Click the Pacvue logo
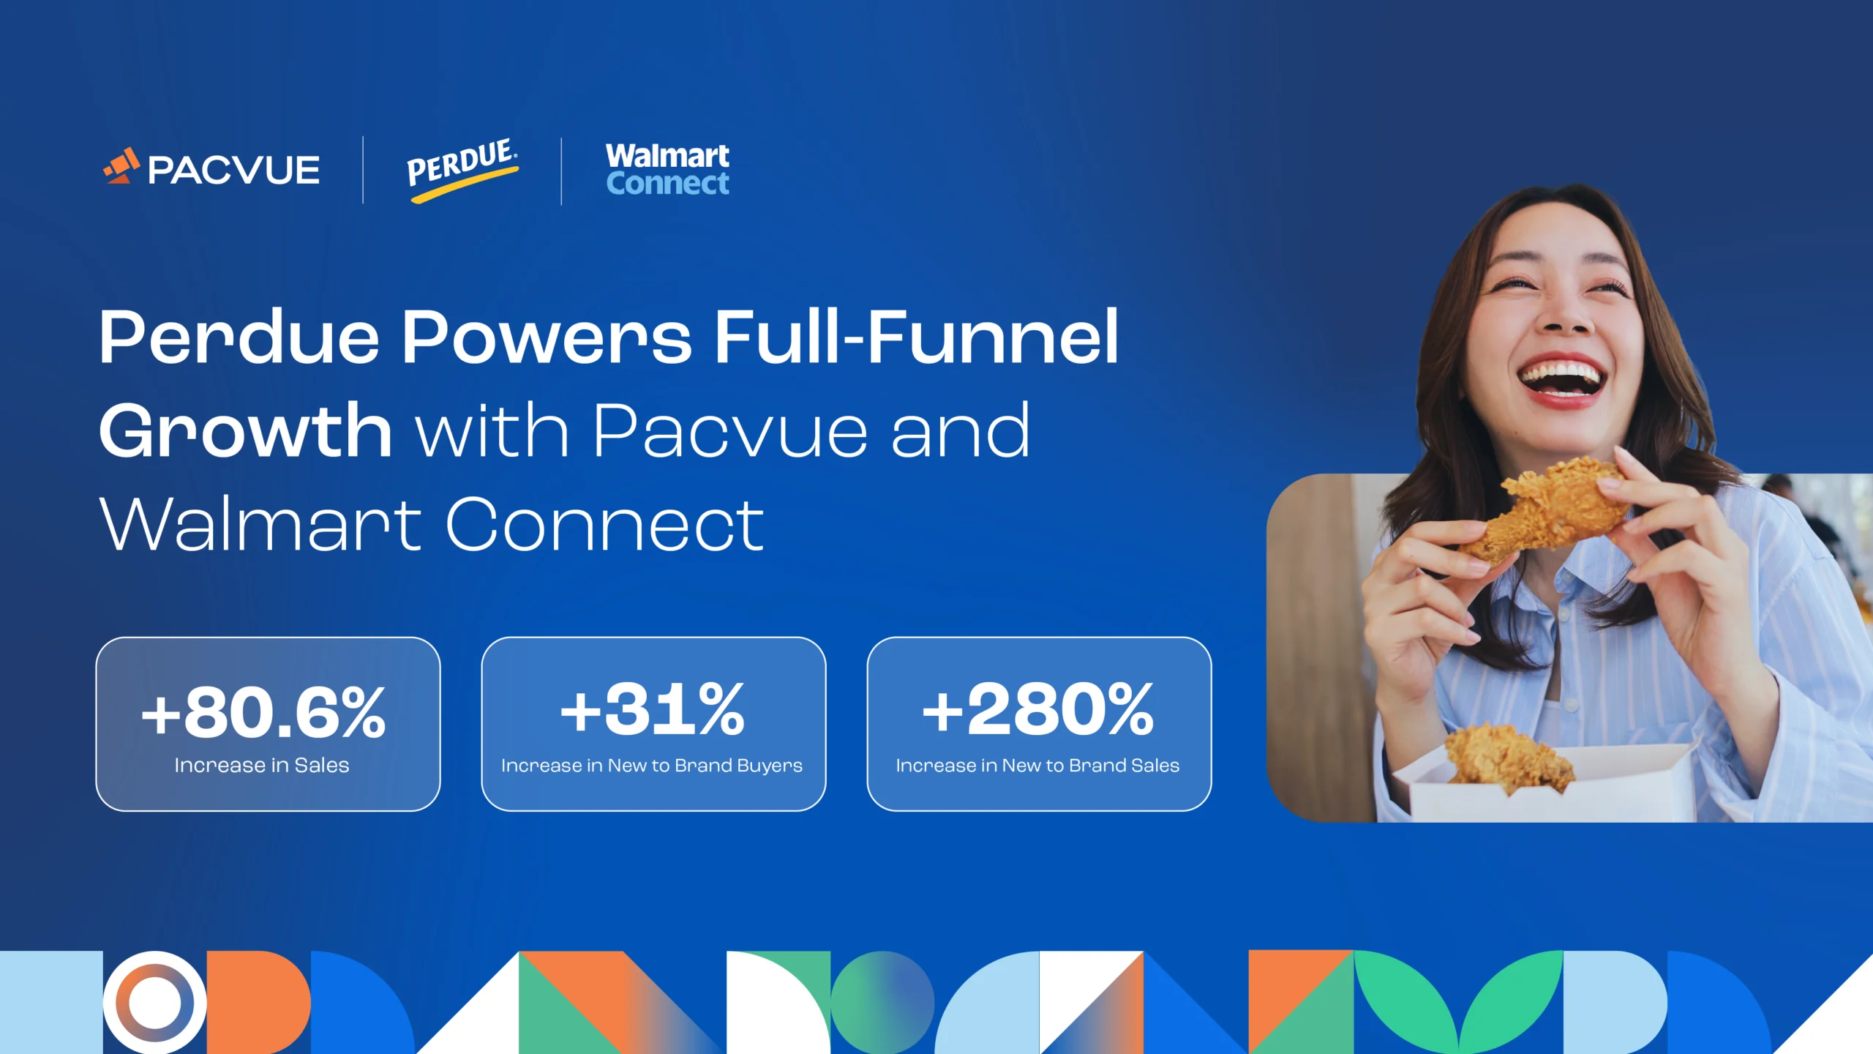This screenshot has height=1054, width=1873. [x=212, y=168]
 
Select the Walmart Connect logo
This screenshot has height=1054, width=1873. [x=667, y=170]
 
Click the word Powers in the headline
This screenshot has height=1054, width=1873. [x=546, y=337]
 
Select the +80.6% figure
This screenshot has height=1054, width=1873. [x=263, y=713]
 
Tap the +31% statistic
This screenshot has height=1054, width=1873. [x=653, y=710]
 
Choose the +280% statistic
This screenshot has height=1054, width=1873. [x=1038, y=710]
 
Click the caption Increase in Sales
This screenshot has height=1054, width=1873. [x=262, y=766]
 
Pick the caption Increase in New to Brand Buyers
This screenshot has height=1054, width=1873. [x=652, y=766]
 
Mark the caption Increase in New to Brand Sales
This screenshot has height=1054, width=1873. [x=1037, y=766]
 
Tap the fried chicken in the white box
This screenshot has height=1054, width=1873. [x=1507, y=758]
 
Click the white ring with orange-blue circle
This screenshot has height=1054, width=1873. [x=154, y=1002]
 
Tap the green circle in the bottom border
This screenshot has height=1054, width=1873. [x=882, y=1002]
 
